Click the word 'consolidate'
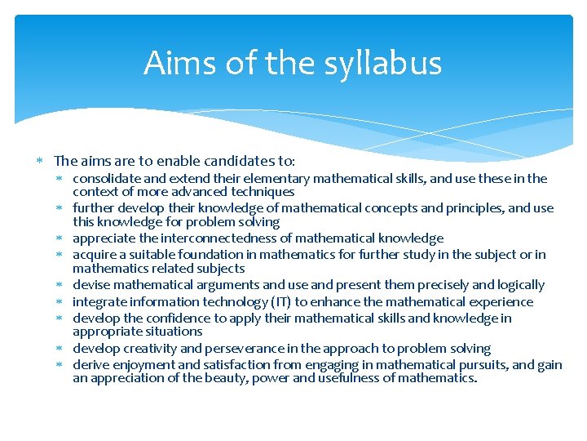pyautogui.click(x=105, y=178)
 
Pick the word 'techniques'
pyautogui.click(x=262, y=192)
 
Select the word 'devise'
pyautogui.click(x=90, y=285)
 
